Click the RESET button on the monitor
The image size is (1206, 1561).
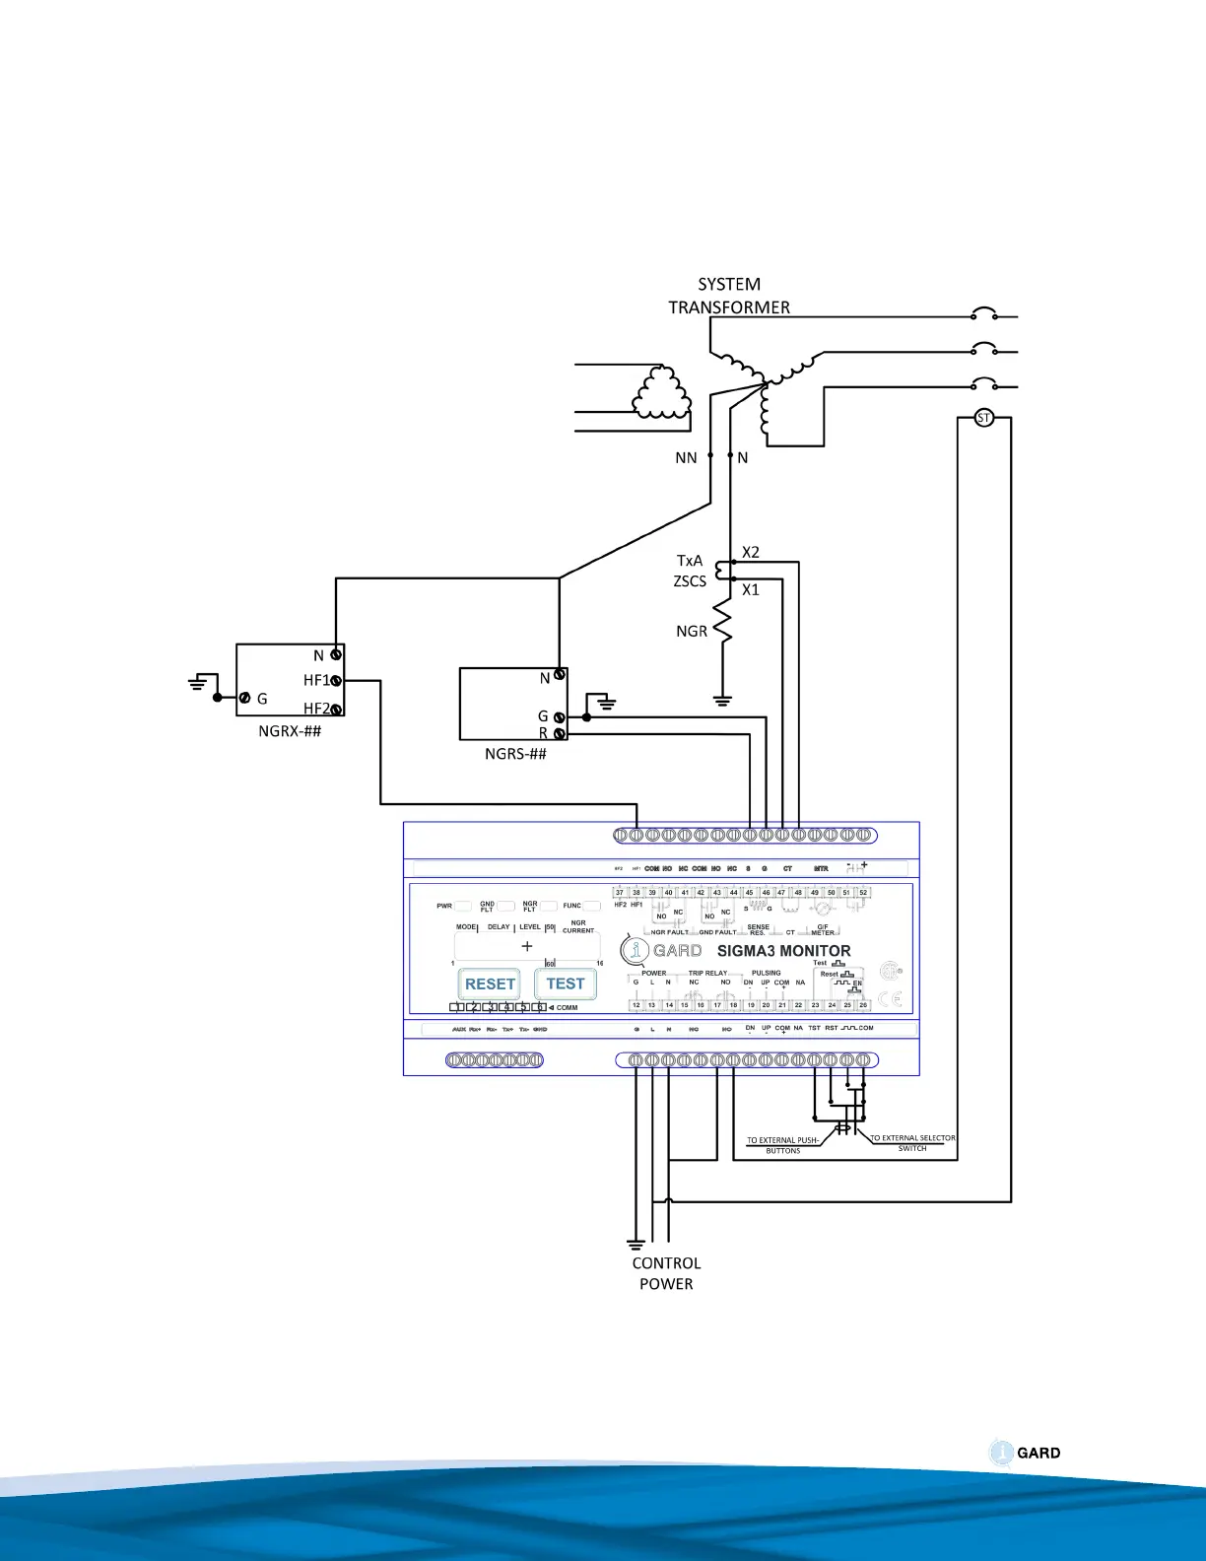pos(490,984)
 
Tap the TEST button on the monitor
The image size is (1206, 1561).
pos(566,984)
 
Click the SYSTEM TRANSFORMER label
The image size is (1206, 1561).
pos(729,296)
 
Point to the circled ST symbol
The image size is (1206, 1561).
pos(983,418)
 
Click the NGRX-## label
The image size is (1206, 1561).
pos(290,731)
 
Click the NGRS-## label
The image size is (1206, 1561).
pos(515,754)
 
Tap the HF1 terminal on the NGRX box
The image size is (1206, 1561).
pos(336,680)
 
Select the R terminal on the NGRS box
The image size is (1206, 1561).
pos(560,734)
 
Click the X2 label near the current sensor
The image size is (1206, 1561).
pos(751,553)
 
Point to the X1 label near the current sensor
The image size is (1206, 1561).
pos(751,590)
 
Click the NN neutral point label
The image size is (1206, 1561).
pos(686,458)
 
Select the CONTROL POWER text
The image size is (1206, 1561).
pos(666,1273)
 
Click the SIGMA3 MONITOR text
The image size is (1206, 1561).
pos(783,951)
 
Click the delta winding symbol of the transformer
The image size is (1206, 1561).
pos(661,394)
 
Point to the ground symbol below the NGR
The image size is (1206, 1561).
pos(722,702)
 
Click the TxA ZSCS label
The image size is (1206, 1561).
pos(690,571)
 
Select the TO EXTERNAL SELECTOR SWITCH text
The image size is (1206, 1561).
pos(912,1143)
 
